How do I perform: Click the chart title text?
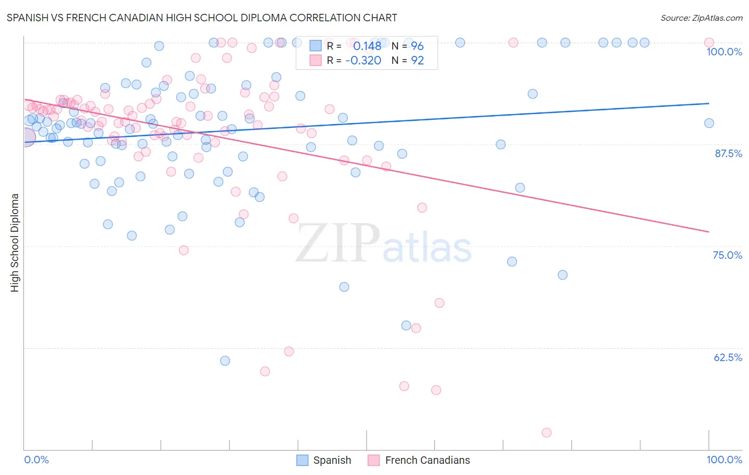pos(202,18)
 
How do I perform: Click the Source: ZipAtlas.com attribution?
pos(701,18)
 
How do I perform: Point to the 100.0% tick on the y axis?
pos(724,52)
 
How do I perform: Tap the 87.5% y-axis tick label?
pos(728,153)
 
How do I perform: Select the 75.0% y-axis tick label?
pos(727,255)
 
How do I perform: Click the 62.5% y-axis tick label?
pos(728,357)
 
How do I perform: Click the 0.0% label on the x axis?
pos(36,460)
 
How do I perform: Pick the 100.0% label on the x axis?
pos(724,460)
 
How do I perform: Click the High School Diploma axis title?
pos(15,242)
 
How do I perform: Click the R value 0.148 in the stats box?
pos(367,46)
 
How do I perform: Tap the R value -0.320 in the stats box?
pos(363,60)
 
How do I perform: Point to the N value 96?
pos(417,46)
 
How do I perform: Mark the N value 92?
pos(417,60)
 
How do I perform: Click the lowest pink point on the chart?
pos(546,432)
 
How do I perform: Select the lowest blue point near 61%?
pos(225,361)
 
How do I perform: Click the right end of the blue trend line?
pos(709,103)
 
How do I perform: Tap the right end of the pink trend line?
pos(709,232)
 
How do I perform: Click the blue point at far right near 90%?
pos(709,123)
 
